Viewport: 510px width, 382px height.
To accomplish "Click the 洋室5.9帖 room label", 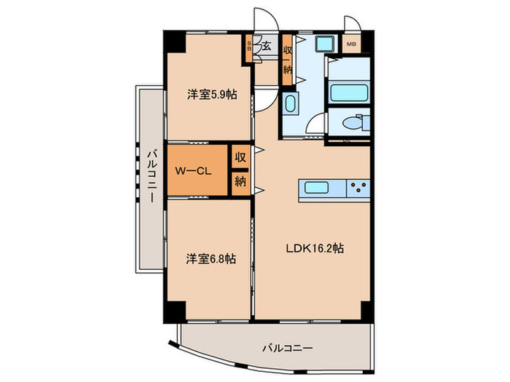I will click(211, 94).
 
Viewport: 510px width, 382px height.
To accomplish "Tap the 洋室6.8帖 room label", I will click(211, 258).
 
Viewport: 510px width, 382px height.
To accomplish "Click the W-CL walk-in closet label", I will click(194, 172).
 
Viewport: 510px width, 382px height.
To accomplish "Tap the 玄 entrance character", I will click(267, 47).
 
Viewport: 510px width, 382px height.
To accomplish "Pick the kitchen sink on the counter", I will click(319, 188).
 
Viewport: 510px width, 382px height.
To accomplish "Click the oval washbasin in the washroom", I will click(289, 104).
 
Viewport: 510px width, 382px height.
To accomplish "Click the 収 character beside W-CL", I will click(240, 157).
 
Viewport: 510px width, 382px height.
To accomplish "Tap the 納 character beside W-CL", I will click(240, 182).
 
